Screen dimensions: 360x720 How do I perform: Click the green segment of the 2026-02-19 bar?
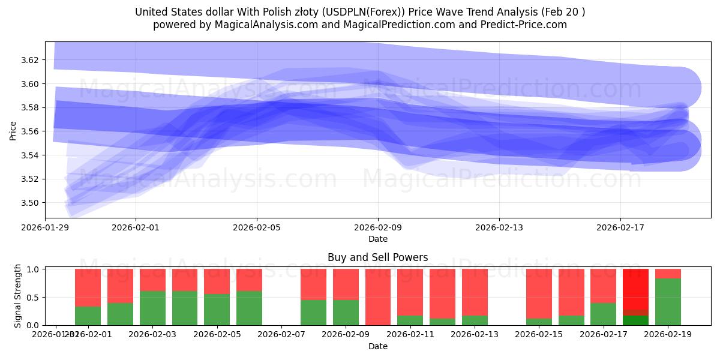coord(668,302)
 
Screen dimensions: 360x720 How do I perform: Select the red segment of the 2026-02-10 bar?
coord(378,296)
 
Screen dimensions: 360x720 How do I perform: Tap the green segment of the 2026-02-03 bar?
coord(152,308)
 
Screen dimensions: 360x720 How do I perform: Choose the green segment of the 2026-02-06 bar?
coord(249,308)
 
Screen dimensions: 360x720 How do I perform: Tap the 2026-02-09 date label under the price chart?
coord(378,227)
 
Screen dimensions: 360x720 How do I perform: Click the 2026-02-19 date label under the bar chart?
coord(668,335)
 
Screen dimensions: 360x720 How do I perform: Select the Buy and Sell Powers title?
coord(378,257)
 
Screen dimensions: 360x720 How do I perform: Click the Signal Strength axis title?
coord(17,296)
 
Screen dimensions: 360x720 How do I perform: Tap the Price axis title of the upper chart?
coord(13,131)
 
